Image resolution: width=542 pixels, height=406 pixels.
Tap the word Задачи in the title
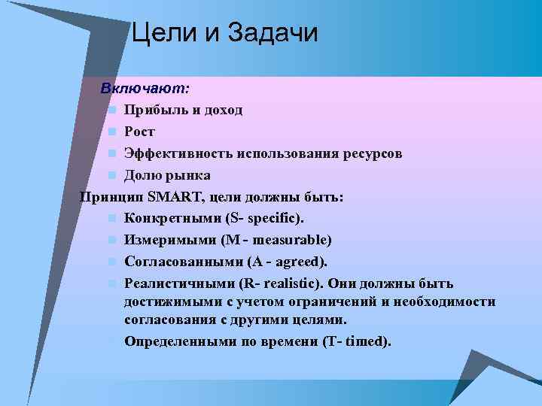tap(272, 34)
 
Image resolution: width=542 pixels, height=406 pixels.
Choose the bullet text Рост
tap(140, 132)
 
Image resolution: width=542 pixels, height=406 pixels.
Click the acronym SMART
tap(175, 197)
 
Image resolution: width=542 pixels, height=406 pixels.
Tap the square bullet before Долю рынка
tap(111, 176)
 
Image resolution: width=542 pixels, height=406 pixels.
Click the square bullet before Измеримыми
tap(111, 241)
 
